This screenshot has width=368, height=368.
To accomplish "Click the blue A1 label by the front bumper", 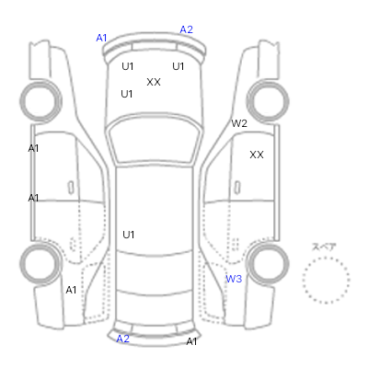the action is [x=101, y=38].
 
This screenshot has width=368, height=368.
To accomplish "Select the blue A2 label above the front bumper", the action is [x=186, y=29].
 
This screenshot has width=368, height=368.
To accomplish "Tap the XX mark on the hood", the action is [x=154, y=82].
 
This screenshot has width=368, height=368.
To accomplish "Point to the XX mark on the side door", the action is [x=257, y=155].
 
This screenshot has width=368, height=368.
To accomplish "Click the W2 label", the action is [x=239, y=123].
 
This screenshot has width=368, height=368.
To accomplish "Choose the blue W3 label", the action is [x=234, y=279].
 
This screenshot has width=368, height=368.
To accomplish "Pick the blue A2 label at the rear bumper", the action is [x=123, y=339].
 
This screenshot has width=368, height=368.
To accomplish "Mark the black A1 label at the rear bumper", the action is [x=191, y=341].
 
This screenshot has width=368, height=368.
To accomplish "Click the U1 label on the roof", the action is [x=129, y=235].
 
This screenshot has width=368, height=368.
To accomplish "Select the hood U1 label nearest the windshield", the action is [x=127, y=94].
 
